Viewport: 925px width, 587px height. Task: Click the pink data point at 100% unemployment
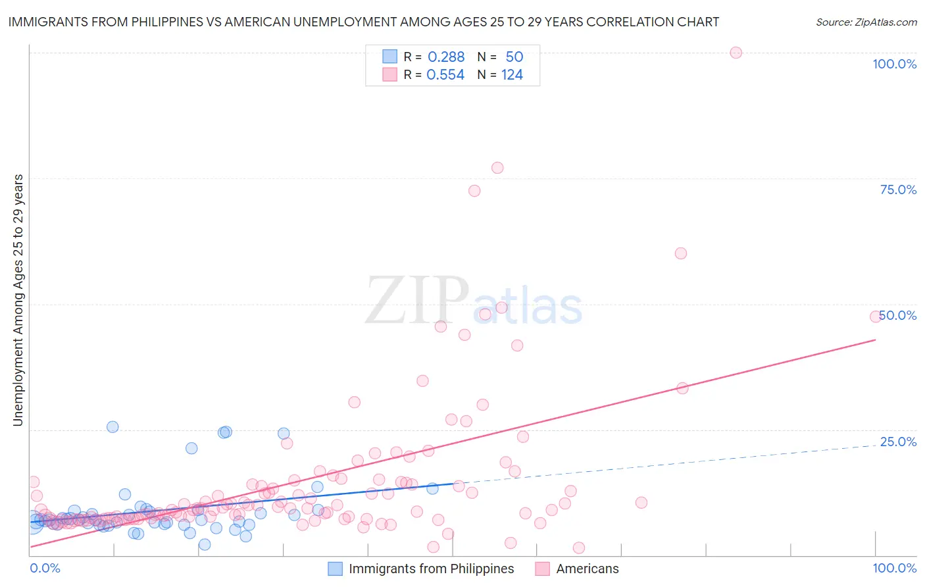736,53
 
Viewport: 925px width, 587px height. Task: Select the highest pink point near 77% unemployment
497,168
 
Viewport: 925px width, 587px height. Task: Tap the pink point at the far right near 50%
875,317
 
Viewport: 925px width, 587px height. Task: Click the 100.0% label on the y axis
894,64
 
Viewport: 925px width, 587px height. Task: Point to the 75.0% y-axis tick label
898,190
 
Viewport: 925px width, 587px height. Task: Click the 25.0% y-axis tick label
898,442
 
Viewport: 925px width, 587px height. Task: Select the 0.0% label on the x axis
45,568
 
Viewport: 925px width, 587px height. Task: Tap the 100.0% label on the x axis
894,568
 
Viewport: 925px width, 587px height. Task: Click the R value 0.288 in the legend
446,57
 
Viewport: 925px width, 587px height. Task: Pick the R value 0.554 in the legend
445,75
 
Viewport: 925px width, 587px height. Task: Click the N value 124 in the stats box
512,75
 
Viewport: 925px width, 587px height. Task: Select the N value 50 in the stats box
514,57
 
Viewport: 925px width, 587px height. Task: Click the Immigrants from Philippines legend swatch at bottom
336,569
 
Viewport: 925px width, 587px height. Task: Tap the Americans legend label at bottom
587,569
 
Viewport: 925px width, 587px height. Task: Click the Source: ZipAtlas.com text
866,22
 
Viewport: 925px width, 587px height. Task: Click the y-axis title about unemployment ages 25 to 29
18,300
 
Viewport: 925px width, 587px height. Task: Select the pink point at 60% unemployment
681,253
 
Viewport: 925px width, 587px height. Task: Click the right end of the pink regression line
875,340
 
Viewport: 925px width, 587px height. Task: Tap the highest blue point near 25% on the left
113,427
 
